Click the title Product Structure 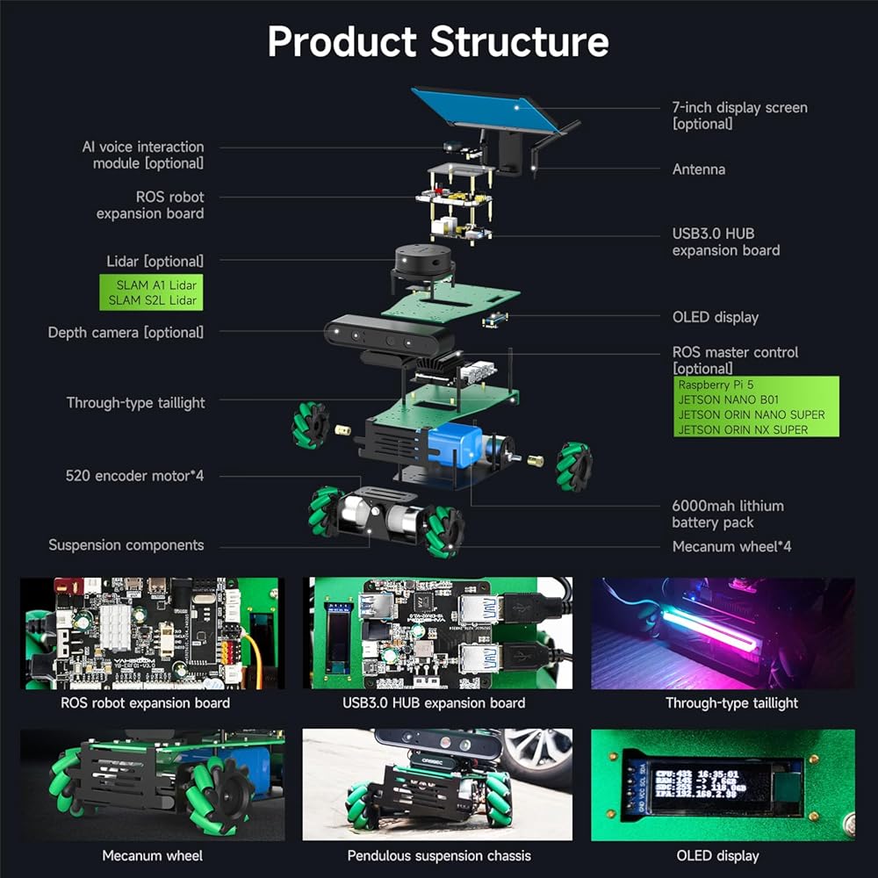tap(438, 42)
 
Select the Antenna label tap(698, 169)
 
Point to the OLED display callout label tap(715, 317)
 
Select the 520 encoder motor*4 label tap(134, 476)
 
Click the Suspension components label tap(126, 545)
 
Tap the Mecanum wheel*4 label tap(731, 546)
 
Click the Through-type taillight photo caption tap(731, 702)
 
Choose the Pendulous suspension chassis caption tap(439, 855)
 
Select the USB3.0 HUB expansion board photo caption tap(434, 702)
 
